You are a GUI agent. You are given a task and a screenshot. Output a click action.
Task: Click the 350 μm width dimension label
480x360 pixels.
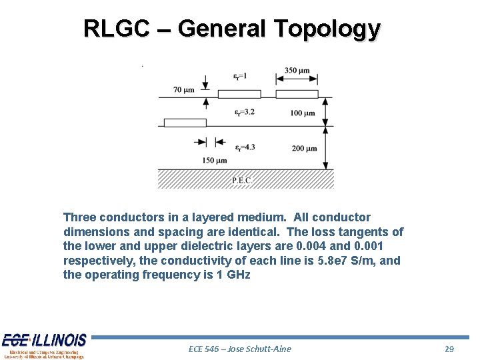click(297, 70)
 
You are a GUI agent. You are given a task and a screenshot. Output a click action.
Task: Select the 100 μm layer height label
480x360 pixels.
click(303, 113)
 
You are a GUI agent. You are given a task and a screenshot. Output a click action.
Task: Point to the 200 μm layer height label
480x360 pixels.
click(304, 148)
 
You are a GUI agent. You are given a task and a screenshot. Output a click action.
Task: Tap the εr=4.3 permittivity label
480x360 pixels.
click(244, 147)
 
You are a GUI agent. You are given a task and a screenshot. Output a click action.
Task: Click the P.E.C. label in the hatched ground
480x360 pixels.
click(243, 180)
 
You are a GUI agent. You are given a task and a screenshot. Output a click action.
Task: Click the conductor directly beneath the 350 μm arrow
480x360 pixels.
click(297, 94)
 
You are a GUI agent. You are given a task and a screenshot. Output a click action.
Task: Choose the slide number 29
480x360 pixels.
click(449, 349)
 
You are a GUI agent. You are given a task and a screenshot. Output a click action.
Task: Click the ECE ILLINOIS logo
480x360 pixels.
click(44, 345)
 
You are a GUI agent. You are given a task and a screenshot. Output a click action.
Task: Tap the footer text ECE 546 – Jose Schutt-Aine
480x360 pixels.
click(240, 349)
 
